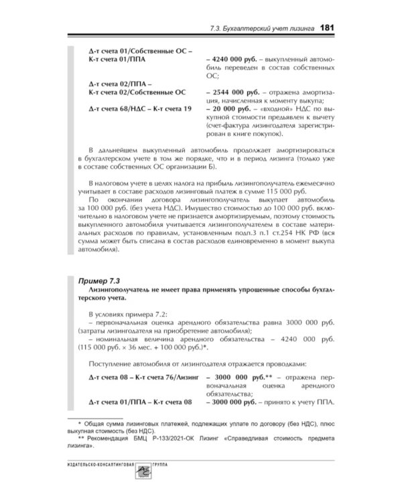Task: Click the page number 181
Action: [333, 27]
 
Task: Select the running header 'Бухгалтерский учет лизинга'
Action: [275, 28]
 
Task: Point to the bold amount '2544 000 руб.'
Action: [237, 89]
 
